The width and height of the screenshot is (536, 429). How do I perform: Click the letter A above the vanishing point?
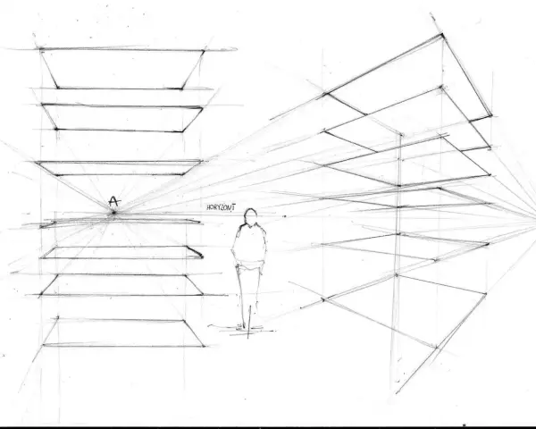114,201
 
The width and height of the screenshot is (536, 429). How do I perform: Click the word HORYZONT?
221,207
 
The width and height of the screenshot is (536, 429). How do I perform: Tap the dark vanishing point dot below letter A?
113,213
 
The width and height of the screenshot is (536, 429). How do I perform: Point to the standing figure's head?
250,215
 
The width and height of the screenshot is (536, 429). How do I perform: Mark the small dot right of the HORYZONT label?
284,216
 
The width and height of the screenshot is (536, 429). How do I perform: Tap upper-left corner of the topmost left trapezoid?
41,50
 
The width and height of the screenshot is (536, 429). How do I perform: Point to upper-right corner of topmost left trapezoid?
204,51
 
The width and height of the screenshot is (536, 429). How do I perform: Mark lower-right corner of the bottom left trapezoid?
204,346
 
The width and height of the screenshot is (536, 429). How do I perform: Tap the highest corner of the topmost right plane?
442,34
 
